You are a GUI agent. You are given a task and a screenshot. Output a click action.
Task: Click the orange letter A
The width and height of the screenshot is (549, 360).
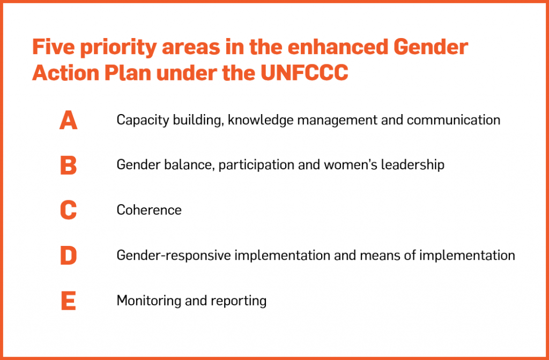coord(68,120)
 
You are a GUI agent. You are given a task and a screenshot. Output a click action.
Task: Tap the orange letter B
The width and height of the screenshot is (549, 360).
coord(69,165)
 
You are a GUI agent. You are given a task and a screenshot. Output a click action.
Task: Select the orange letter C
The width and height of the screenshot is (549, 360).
coord(68,210)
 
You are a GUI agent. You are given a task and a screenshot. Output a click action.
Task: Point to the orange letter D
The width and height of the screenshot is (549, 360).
coord(69,256)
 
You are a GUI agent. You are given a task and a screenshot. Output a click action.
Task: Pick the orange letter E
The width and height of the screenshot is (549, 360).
coord(69,301)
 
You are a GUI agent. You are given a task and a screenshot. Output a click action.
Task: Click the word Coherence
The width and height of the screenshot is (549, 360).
coord(149,210)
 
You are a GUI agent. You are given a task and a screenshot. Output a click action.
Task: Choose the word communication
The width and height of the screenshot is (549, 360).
coord(454,120)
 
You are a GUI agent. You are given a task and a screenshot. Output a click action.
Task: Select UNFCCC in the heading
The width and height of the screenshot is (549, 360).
coord(305,73)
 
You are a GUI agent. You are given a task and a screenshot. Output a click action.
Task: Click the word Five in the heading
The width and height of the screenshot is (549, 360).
coord(53,47)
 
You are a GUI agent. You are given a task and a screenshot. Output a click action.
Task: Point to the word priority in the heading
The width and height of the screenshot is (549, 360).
coord(118,48)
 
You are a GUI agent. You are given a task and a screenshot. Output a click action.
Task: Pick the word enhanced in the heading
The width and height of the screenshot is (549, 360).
coord(338,47)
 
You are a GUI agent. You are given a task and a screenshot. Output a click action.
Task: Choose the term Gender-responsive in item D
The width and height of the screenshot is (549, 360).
coord(174,256)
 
